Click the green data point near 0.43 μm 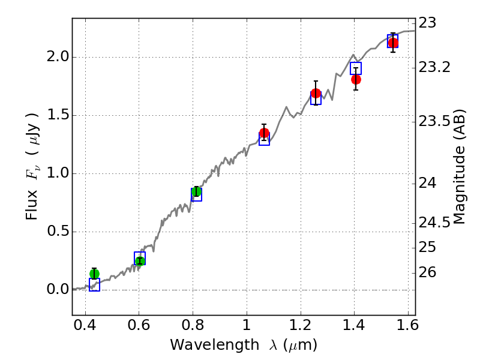pos(94,274)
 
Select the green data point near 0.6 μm pos(140,260)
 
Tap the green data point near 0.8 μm pos(196,192)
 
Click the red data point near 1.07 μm pos(264,133)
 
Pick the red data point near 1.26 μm pos(316,94)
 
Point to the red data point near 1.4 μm pos(356,79)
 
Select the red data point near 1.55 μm pos(393,43)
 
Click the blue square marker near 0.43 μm pos(94,284)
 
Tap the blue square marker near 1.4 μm pos(356,68)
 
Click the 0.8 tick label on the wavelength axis pos(193,328)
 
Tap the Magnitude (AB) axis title pos(460,167)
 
